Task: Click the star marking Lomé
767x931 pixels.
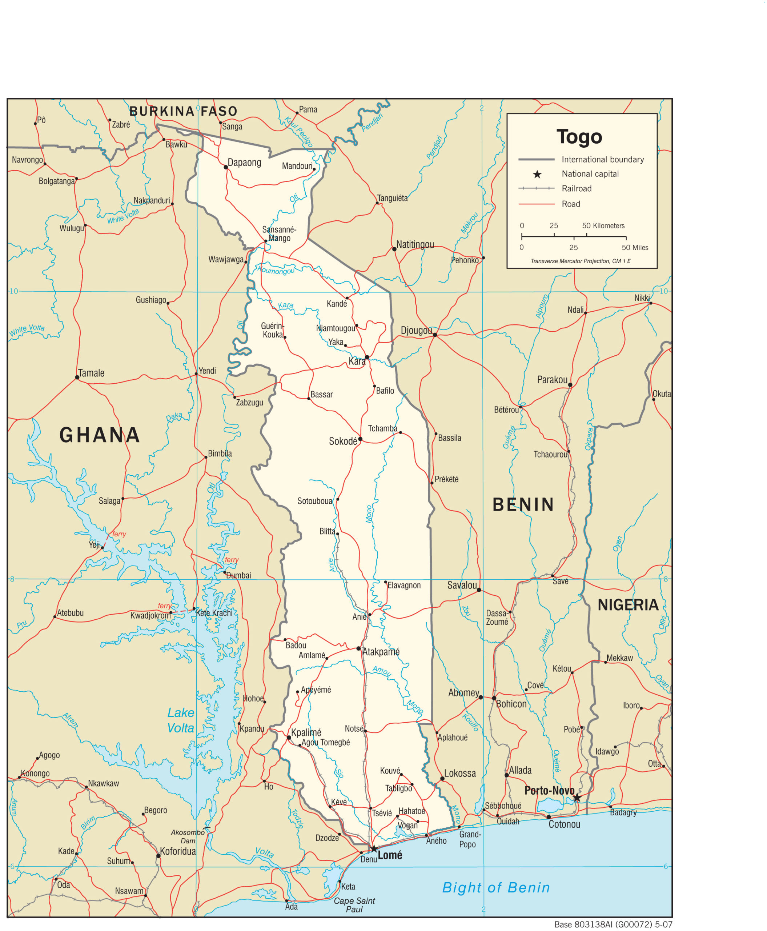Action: click(374, 849)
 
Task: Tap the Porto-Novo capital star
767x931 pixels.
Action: click(577, 798)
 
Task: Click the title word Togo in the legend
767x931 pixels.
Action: click(579, 137)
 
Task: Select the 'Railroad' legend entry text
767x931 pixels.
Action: click(576, 189)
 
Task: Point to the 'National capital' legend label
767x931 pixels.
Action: click(590, 174)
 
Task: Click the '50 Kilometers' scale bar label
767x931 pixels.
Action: click(603, 225)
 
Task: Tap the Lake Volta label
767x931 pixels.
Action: click(181, 720)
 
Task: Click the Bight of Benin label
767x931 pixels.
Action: click(496, 887)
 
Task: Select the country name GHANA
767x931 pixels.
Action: click(100, 435)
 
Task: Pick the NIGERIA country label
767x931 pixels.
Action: click(628, 605)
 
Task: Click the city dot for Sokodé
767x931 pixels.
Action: click(360, 439)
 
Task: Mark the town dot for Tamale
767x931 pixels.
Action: click(77, 377)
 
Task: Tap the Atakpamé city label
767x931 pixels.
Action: click(381, 652)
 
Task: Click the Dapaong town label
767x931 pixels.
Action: click(244, 162)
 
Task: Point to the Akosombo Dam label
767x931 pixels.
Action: click(188, 836)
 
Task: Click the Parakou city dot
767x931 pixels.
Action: click(570, 385)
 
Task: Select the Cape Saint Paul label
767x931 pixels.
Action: click(354, 904)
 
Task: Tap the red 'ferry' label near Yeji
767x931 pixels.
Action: click(119, 534)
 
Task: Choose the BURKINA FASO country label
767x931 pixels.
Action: click(183, 111)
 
